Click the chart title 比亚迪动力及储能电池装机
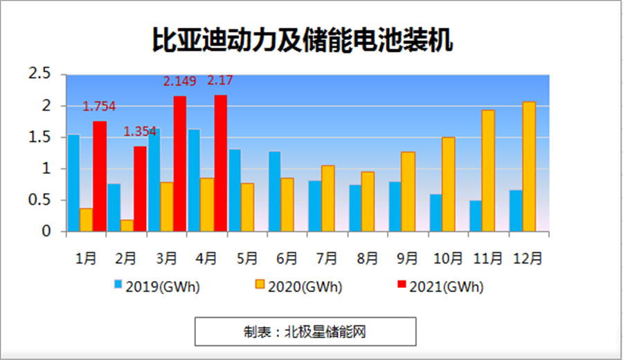(303, 40)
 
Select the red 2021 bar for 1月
(100, 177)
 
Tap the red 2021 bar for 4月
(221, 163)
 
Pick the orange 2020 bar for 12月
(529, 167)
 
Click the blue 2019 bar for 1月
(73, 183)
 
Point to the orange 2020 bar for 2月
(127, 226)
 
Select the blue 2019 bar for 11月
(476, 216)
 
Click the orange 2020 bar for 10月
(448, 184)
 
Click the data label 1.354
(141, 132)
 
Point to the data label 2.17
(220, 81)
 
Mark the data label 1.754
(99, 107)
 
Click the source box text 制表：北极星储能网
(305, 332)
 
